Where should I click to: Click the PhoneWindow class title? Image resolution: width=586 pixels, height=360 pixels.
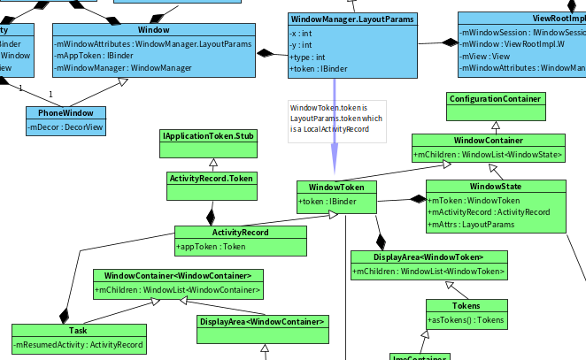pos(65,113)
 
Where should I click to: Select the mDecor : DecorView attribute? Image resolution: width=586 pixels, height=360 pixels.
pos(65,127)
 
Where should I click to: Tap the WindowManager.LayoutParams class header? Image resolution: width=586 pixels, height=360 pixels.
pos(351,19)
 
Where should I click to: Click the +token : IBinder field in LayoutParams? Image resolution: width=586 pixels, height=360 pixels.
pos(319,68)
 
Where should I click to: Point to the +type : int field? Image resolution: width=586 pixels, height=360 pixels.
pos(307,57)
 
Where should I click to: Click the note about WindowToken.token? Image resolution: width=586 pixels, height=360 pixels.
pos(337,118)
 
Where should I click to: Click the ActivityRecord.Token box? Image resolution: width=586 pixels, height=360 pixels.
pos(212,178)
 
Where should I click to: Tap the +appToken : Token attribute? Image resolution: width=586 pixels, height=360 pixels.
pos(212,247)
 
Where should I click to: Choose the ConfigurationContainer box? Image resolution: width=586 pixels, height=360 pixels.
pos(495,99)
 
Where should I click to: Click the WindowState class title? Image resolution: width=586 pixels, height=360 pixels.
pos(495,187)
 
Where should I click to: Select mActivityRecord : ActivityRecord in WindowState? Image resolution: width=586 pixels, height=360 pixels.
pos(489,212)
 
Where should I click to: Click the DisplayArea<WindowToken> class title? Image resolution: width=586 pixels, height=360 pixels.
pos(428,257)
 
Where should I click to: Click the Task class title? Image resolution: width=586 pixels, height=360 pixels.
pos(78,331)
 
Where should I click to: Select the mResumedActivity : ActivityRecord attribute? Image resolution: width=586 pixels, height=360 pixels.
pos(78,345)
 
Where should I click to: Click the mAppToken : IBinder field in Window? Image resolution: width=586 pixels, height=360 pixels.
pos(96,55)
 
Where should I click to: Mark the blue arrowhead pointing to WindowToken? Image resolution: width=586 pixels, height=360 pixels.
pos(335,168)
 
